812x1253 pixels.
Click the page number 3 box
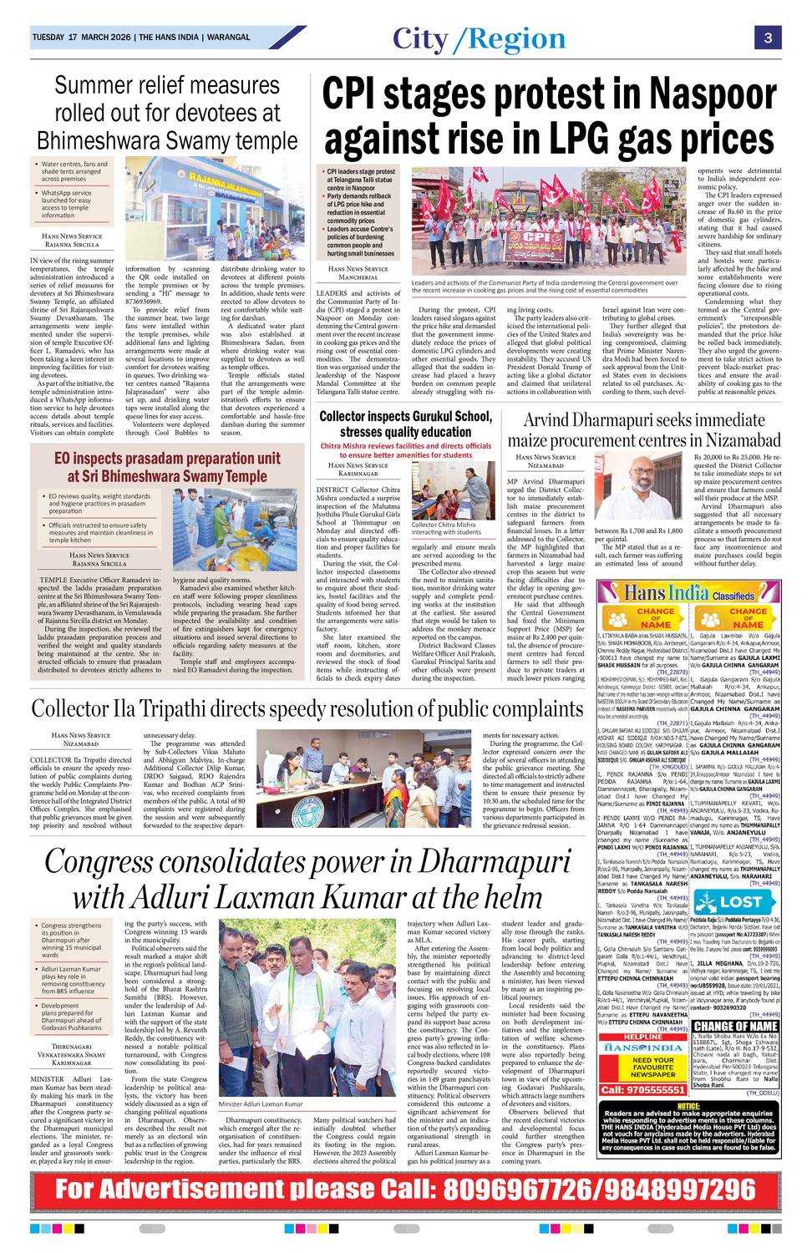pos(767,38)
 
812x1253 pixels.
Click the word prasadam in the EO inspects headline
pos(147,459)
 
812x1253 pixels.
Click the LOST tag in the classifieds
pos(740,901)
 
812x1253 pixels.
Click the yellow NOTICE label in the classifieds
pos(688,1105)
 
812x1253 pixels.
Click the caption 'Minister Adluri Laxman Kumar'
pos(261,1103)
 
